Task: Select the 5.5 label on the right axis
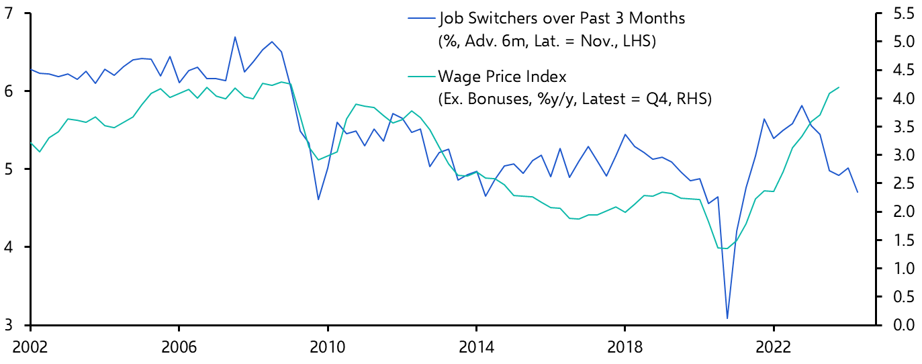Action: (901, 13)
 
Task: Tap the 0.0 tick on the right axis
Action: (901, 325)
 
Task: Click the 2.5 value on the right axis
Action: (901, 183)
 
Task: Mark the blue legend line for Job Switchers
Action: (420, 19)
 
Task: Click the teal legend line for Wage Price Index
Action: (420, 76)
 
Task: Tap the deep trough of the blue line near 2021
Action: (727, 318)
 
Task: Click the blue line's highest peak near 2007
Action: (235, 37)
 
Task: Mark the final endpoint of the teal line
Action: (839, 87)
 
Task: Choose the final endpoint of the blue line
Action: (839, 192)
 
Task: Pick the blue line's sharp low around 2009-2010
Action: (318, 199)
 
